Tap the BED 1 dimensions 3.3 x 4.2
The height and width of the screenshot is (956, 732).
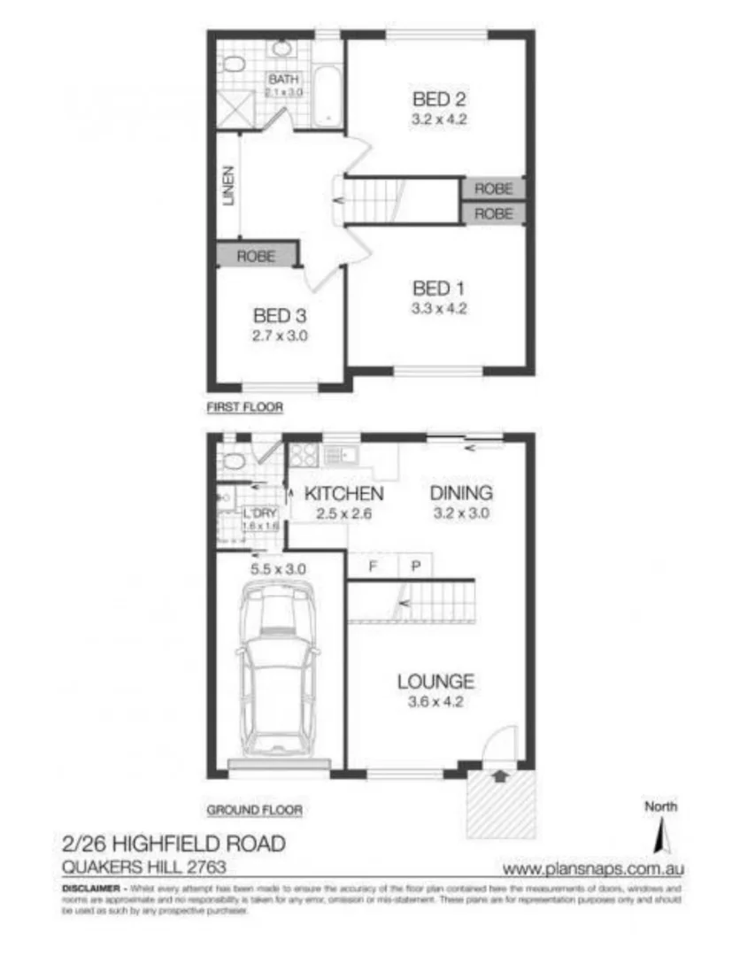tap(439, 309)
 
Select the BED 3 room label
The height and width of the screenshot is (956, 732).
tap(280, 315)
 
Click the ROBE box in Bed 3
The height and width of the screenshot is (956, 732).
tap(255, 256)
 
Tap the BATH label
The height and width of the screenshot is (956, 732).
tap(285, 79)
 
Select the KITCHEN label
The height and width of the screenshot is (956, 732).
tap(343, 493)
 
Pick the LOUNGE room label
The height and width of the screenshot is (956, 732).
tap(435, 682)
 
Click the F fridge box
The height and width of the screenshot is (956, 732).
tap(373, 566)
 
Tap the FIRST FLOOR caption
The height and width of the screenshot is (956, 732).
tap(243, 408)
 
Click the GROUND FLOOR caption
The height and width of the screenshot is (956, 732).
tap(254, 809)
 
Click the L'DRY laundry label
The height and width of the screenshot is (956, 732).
tap(258, 513)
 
